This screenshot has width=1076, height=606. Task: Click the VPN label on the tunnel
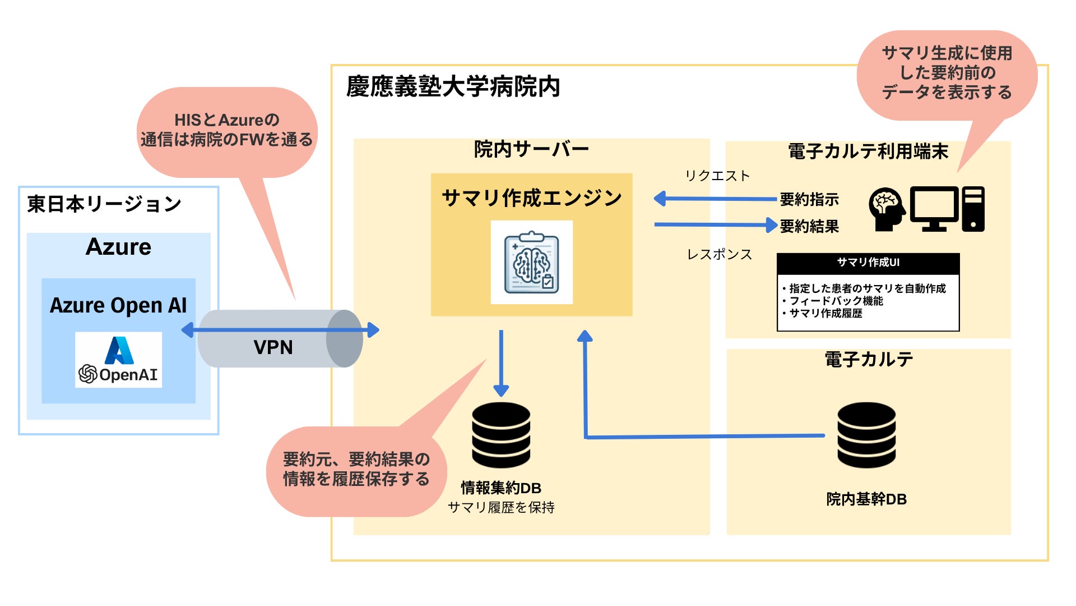(x=273, y=347)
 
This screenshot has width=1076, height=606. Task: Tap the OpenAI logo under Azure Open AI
(x=118, y=360)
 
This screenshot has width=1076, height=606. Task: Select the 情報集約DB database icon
(x=501, y=435)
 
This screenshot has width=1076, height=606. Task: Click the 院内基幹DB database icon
(x=866, y=435)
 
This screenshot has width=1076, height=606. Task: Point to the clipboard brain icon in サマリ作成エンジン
(x=531, y=262)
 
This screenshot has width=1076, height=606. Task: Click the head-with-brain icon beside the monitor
(x=886, y=209)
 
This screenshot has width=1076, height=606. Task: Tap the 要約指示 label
(x=809, y=199)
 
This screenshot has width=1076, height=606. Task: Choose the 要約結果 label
(x=809, y=226)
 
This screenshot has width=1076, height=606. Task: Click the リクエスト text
(x=717, y=176)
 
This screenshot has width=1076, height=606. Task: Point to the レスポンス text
(x=720, y=255)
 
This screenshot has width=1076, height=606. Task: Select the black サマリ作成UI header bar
(x=868, y=263)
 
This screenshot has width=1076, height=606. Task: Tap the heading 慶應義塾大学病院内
(x=453, y=87)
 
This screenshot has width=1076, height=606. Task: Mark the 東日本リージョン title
(x=104, y=204)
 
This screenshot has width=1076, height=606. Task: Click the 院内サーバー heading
(x=531, y=149)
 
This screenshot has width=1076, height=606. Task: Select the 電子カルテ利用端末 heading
(x=868, y=151)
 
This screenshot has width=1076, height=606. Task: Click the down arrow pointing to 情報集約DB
(x=501, y=362)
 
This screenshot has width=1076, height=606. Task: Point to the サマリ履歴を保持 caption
(x=501, y=507)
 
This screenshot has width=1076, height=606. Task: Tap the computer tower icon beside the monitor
(x=973, y=209)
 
